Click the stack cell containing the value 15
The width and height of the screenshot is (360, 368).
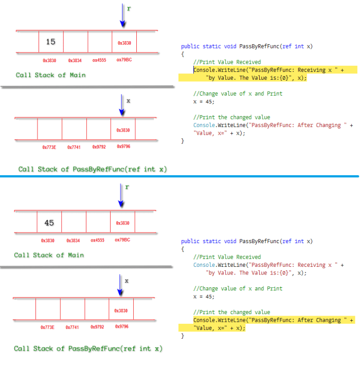(51, 42)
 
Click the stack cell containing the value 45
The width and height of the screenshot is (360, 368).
(49, 223)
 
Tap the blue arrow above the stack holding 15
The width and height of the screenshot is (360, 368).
(122, 15)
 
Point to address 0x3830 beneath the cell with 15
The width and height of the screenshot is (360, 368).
(48, 60)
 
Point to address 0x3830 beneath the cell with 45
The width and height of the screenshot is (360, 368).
(48, 241)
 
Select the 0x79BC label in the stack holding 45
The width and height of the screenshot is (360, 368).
(122, 240)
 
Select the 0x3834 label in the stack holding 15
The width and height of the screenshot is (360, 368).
(74, 60)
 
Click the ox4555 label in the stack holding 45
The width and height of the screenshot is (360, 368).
(98, 241)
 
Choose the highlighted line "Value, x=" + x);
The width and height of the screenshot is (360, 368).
(219, 328)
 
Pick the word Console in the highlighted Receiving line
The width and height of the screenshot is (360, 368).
(205, 70)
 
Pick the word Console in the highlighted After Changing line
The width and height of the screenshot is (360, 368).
(205, 320)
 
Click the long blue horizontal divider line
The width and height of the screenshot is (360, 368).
(179, 176)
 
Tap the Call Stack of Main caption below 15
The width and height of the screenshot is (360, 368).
(50, 75)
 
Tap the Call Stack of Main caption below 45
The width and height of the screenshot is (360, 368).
(49, 255)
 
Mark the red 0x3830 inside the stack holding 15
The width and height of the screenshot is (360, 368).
(124, 43)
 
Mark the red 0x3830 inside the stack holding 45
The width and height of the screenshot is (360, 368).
(122, 223)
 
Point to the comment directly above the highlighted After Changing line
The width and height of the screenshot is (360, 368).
(231, 312)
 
